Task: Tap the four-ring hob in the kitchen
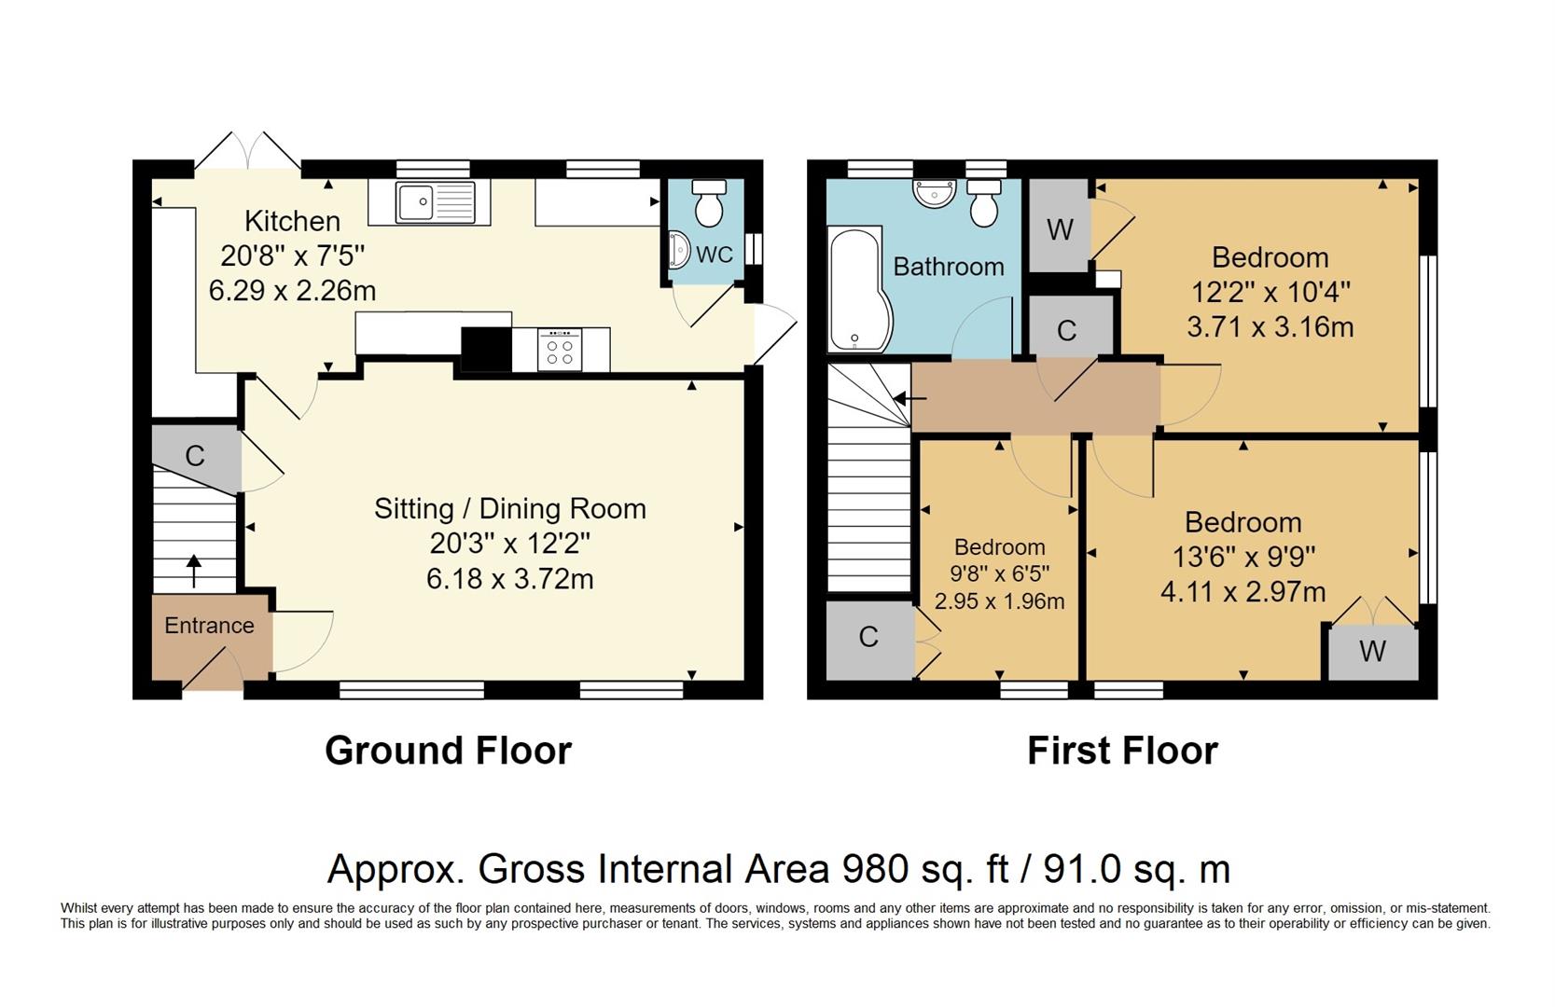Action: click(x=560, y=351)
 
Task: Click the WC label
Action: click(x=715, y=255)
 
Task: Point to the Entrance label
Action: click(x=209, y=626)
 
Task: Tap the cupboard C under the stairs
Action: click(x=195, y=456)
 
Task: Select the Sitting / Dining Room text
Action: click(x=509, y=509)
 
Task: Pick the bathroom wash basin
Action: click(x=935, y=192)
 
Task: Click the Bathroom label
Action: click(x=948, y=267)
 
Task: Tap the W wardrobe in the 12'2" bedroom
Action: click(x=1060, y=228)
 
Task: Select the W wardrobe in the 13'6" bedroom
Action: click(x=1372, y=651)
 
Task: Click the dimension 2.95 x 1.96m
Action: click(x=999, y=601)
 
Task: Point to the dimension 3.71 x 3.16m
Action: click(x=1270, y=327)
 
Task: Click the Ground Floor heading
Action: click(x=448, y=751)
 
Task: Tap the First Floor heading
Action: click(x=1122, y=751)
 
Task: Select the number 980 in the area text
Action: click(x=875, y=869)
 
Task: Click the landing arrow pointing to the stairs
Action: click(x=909, y=399)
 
